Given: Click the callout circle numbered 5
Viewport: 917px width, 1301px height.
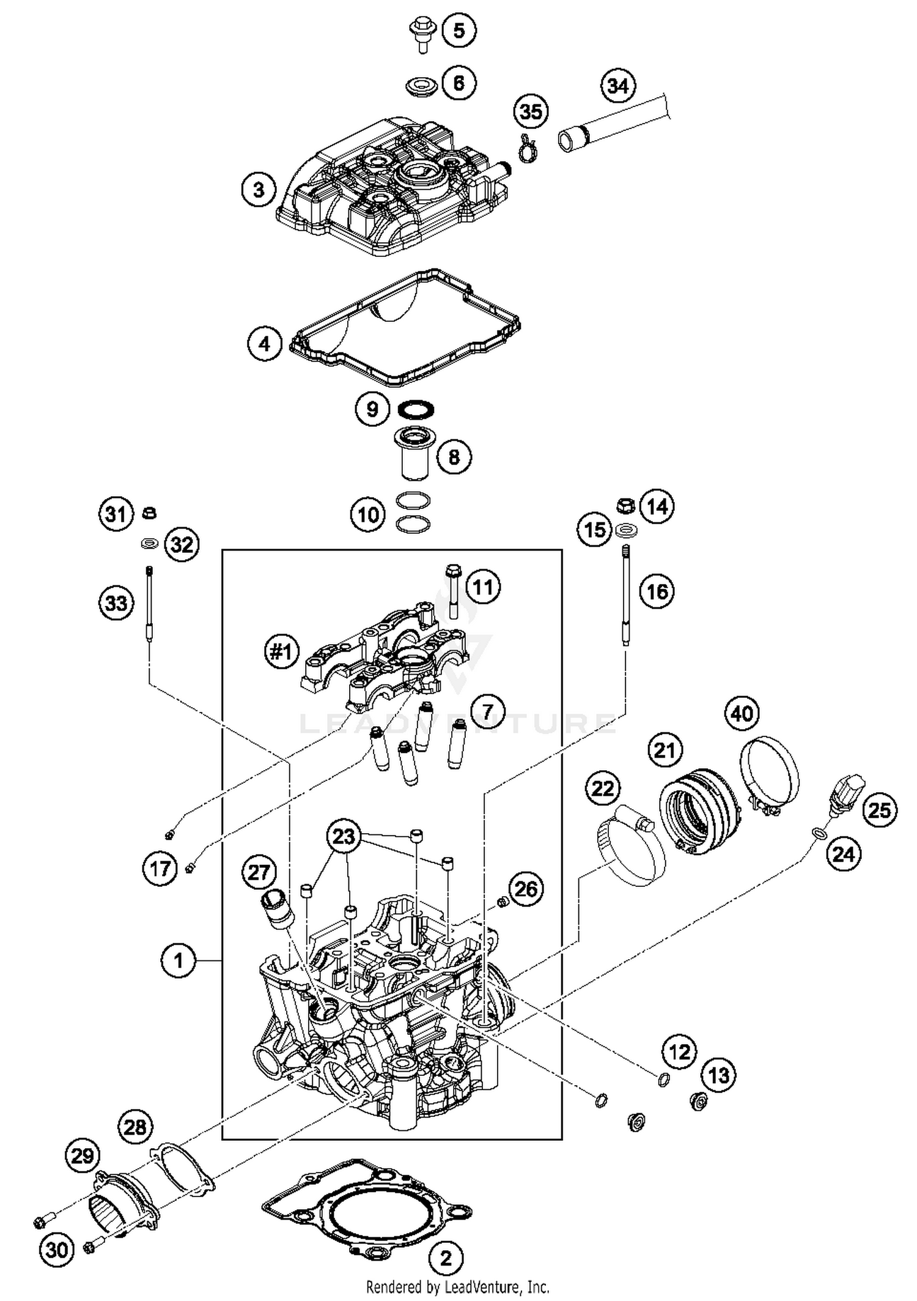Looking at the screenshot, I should pyautogui.click(x=459, y=30).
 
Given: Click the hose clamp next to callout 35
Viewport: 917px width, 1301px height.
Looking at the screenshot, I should pyautogui.click(x=527, y=149).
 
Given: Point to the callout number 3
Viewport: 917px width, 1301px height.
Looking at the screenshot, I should pyautogui.click(x=259, y=189).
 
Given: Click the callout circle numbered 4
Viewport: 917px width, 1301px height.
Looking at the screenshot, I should pyautogui.click(x=264, y=344).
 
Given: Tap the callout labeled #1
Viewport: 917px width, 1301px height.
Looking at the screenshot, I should pyautogui.click(x=281, y=652).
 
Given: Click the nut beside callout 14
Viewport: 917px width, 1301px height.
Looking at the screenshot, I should pyautogui.click(x=624, y=507).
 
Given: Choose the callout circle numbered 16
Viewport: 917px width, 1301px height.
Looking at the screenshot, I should pyautogui.click(x=657, y=591).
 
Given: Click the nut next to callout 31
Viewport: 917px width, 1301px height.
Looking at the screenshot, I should pyautogui.click(x=148, y=513).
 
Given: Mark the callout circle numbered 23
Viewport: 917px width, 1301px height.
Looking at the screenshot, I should pyautogui.click(x=344, y=836).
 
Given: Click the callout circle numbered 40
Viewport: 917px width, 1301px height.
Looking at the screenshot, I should pyautogui.click(x=742, y=713).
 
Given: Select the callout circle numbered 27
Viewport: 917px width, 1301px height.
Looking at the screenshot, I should pyautogui.click(x=259, y=872).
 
